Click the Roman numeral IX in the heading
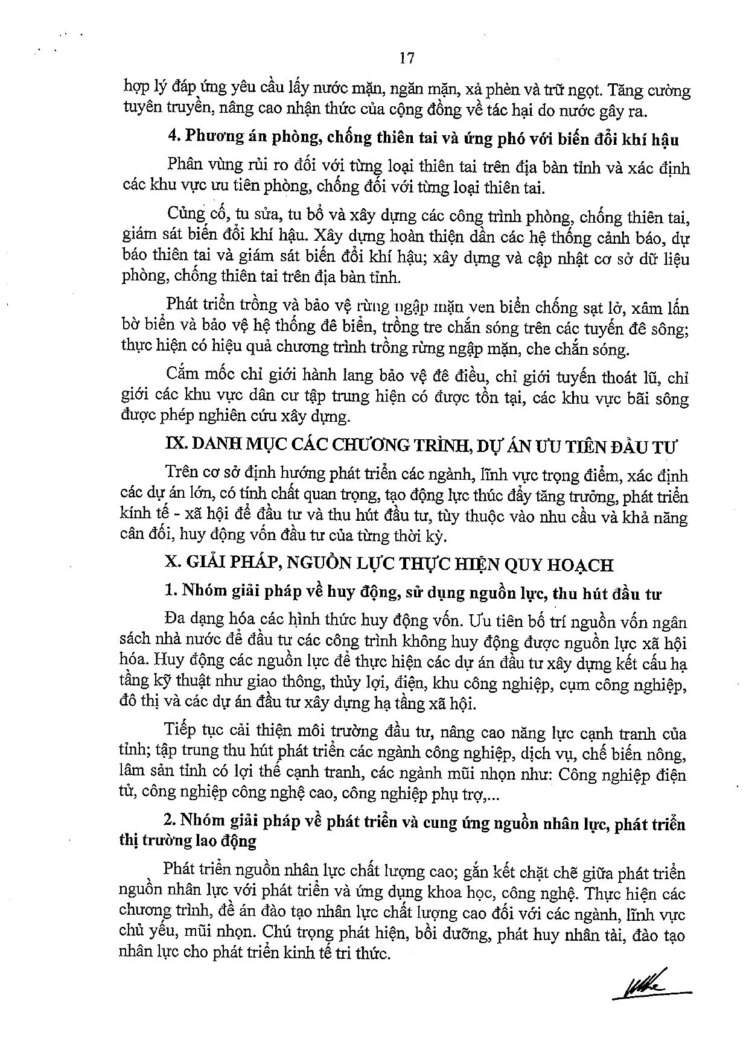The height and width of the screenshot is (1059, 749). (175, 447)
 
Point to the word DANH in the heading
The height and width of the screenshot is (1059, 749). (212, 447)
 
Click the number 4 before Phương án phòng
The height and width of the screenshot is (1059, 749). (171, 138)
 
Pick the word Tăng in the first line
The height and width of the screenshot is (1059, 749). (626, 92)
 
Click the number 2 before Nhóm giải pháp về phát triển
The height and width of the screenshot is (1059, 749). (170, 824)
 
